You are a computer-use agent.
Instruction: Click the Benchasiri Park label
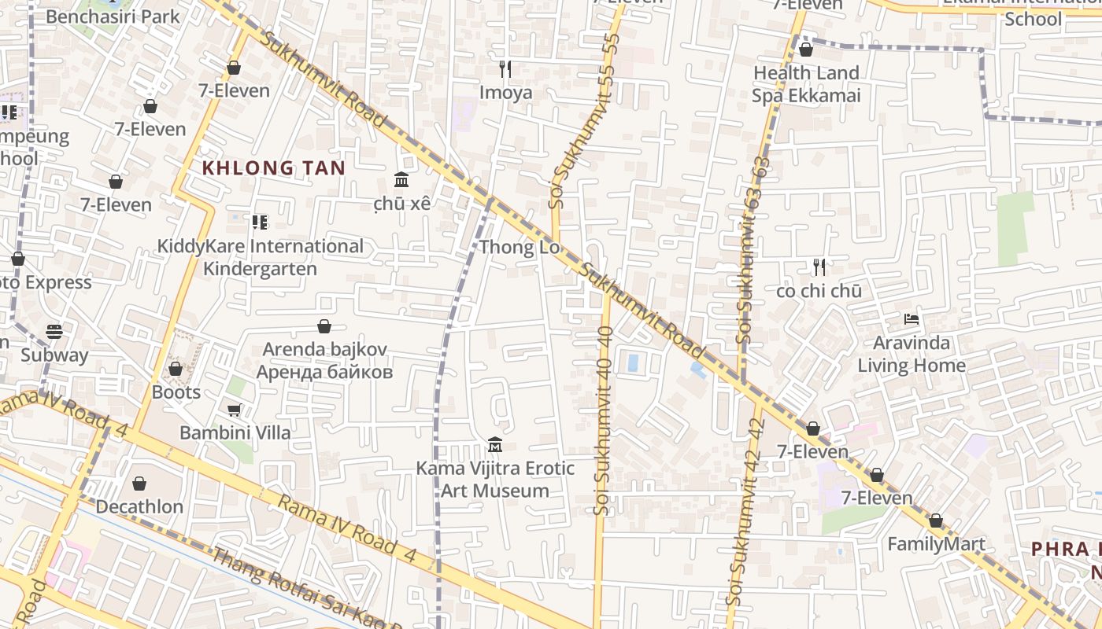click(x=113, y=17)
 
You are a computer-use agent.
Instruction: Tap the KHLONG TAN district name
click(x=274, y=168)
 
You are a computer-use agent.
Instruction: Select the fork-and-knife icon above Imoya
click(x=505, y=69)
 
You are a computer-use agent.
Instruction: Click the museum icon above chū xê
click(x=401, y=179)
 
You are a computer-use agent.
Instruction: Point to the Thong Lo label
click(x=519, y=248)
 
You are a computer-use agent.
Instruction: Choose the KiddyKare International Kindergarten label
click(x=260, y=257)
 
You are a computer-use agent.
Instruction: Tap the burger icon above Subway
click(x=54, y=331)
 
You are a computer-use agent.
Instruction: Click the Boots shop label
click(x=176, y=392)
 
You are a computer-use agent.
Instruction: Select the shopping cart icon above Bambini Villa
click(x=234, y=410)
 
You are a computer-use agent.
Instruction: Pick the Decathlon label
click(x=139, y=507)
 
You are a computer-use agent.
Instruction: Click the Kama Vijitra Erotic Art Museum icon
click(x=495, y=445)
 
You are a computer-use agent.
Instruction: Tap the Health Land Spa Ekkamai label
click(x=806, y=84)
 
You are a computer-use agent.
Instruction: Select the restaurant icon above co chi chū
click(x=819, y=267)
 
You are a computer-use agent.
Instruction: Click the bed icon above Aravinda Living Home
click(x=912, y=320)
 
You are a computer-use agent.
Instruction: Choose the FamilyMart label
click(x=936, y=544)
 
